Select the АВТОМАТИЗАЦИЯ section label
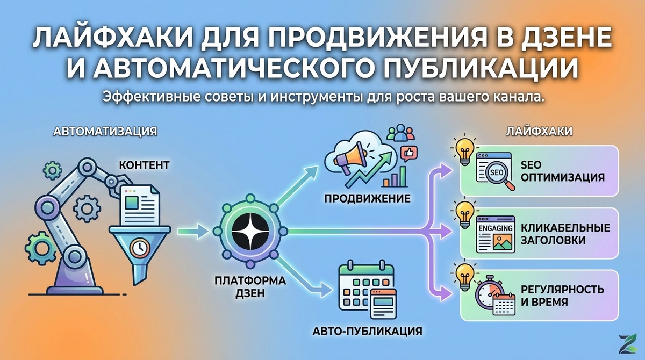point(105,131)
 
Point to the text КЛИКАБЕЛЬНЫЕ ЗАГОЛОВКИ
point(564,234)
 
